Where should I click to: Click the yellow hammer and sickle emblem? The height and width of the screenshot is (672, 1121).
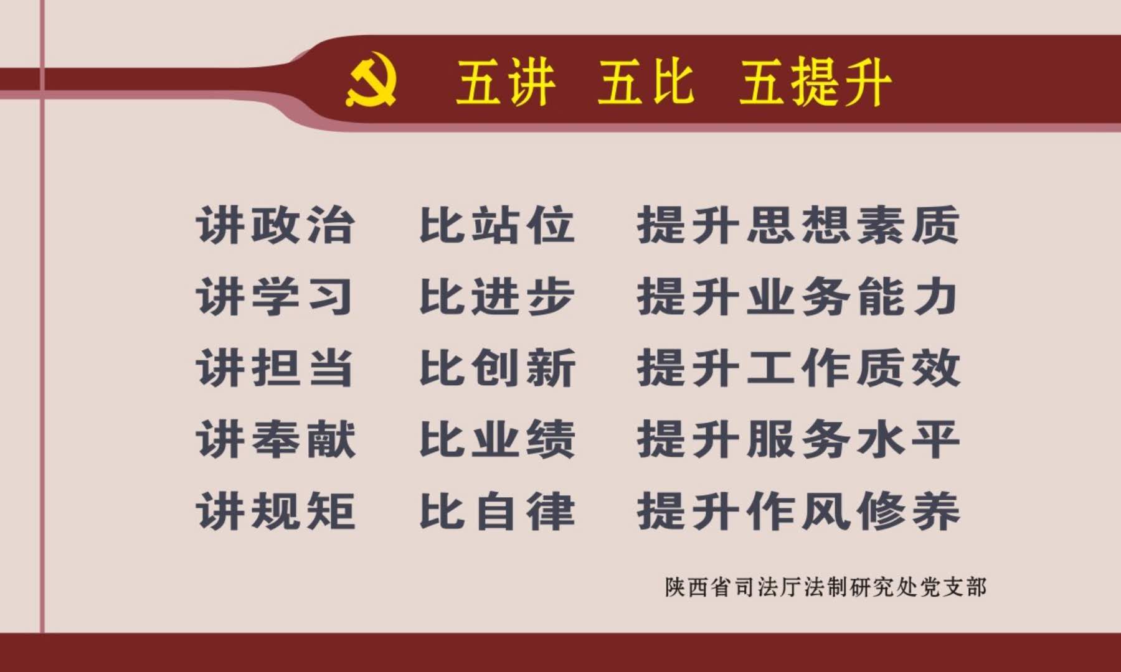point(371,83)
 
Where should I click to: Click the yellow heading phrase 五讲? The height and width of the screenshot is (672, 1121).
point(505,82)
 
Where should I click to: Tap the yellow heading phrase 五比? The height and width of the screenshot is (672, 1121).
point(645,82)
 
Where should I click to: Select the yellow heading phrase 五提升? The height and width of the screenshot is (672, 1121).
point(815,82)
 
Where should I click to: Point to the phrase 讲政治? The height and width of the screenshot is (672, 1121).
point(276,225)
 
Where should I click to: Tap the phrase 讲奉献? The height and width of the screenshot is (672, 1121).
point(276,439)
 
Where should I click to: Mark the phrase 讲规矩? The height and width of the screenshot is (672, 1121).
point(276,511)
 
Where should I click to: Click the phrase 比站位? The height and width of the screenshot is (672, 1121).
point(497,225)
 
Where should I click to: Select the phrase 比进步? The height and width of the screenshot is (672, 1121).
point(497,296)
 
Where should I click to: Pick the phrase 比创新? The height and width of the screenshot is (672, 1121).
point(497,368)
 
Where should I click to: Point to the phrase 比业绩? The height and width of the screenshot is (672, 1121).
point(497,439)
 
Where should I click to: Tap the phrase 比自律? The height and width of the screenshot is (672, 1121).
point(497,511)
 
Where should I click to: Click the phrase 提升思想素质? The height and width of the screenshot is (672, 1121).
point(798,225)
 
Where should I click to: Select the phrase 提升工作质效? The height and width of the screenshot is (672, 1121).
point(798,368)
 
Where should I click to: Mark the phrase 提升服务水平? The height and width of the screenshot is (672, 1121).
point(798,439)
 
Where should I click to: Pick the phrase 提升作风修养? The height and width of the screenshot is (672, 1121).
point(798,511)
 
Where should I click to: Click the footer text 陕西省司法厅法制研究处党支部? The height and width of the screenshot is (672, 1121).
point(826,587)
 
